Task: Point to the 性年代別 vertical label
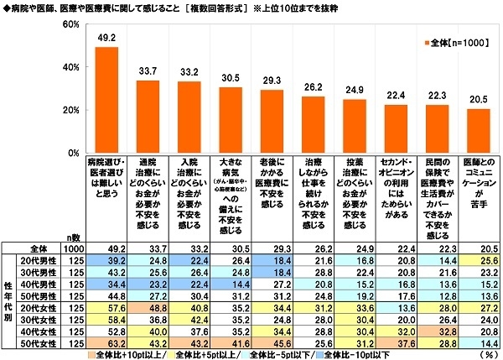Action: (10, 302)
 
